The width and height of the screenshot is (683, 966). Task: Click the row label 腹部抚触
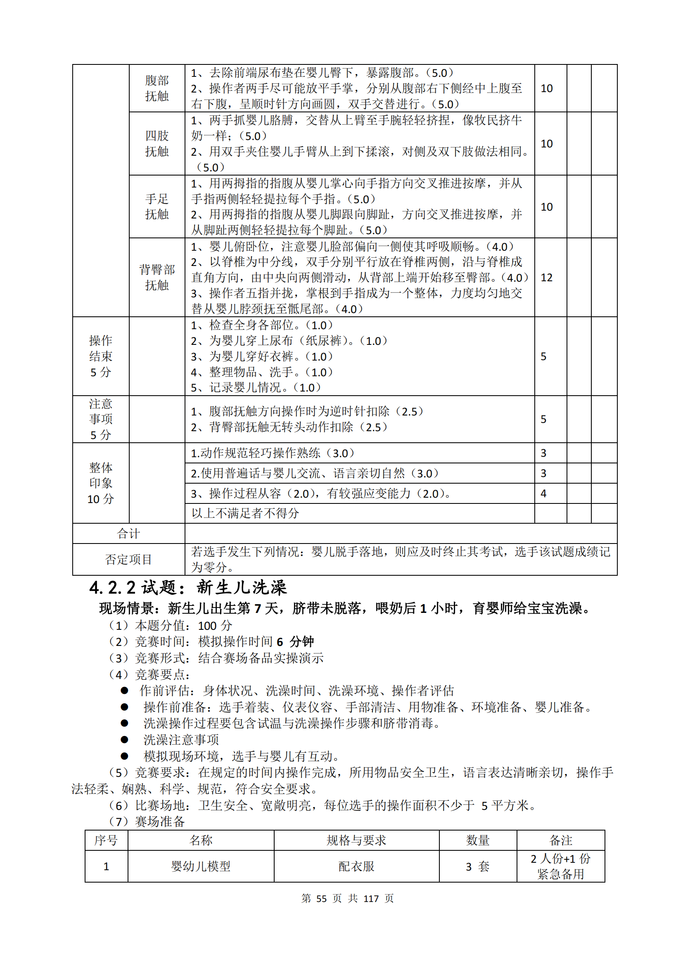[x=157, y=88]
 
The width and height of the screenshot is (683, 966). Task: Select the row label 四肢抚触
[x=157, y=143]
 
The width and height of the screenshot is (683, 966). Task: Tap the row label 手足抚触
[x=157, y=206]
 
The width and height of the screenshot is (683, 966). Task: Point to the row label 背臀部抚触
[x=157, y=277]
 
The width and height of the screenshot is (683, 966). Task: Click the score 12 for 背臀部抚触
[x=546, y=278]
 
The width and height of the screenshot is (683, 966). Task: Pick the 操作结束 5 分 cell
[x=100, y=356]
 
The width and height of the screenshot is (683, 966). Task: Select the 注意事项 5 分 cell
[x=100, y=419]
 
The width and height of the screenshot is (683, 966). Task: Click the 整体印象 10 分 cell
[x=100, y=483]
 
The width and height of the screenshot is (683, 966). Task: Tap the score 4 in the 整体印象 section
[x=543, y=494]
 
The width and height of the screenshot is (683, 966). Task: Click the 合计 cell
[x=128, y=534]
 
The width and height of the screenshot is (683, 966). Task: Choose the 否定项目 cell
[x=128, y=560]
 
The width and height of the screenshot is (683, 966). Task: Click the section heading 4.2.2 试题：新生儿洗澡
[x=188, y=588]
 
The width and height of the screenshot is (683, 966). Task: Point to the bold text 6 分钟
[x=295, y=642]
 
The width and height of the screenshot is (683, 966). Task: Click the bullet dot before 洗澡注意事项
[x=124, y=739]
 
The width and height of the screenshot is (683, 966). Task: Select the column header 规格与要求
[x=356, y=840]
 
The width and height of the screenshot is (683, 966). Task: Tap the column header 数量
[x=478, y=840]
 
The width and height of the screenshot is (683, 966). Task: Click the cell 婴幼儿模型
[x=201, y=866]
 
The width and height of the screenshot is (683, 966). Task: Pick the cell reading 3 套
[x=478, y=866]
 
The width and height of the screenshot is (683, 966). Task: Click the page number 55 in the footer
[x=321, y=899]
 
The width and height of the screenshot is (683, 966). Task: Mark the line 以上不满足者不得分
[x=245, y=513]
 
